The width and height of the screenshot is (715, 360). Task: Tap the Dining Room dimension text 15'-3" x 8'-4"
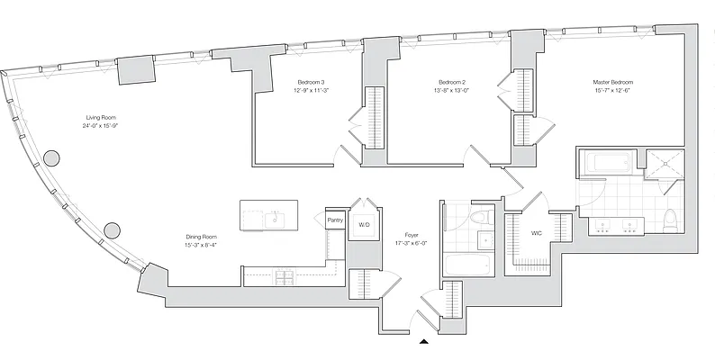(x=201, y=245)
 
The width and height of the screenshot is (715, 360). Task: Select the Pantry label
(x=335, y=220)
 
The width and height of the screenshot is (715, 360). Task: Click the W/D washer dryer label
(x=364, y=225)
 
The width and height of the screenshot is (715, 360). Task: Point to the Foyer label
(x=411, y=235)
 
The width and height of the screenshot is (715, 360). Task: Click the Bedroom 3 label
(x=311, y=83)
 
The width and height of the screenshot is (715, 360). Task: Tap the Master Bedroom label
(x=613, y=83)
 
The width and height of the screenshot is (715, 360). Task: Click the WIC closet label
(x=537, y=233)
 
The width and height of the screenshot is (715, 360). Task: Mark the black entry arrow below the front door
(x=424, y=341)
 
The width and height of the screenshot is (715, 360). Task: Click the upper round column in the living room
(x=51, y=158)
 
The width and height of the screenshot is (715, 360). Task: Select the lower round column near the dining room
(x=112, y=230)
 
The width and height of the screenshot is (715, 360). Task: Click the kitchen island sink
(x=275, y=220)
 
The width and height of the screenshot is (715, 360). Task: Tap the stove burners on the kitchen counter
(x=283, y=276)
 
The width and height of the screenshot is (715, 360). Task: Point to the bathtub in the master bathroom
(x=609, y=162)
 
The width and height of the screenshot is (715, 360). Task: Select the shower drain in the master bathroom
(x=664, y=163)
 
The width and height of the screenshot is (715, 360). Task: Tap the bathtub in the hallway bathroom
(x=467, y=265)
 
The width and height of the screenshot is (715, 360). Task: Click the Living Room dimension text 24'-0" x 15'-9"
(x=99, y=125)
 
